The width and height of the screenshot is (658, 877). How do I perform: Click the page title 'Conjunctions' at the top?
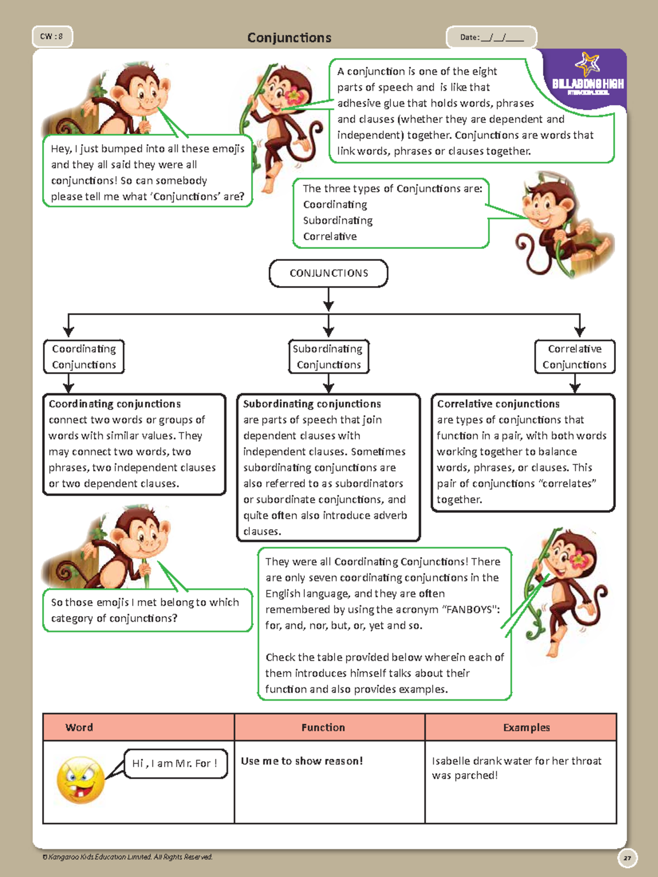(x=289, y=38)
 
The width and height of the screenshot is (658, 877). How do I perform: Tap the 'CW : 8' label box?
(x=52, y=37)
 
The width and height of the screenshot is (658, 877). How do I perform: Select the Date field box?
(x=491, y=37)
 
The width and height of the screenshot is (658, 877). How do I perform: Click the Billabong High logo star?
(x=587, y=64)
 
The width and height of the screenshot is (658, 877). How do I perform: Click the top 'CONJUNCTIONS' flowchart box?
(x=328, y=273)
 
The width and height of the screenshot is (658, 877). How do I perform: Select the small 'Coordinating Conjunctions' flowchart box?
(x=84, y=357)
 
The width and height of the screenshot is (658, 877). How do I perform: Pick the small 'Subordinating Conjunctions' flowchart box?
(x=328, y=357)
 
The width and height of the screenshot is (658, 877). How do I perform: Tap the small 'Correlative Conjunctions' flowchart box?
(x=575, y=357)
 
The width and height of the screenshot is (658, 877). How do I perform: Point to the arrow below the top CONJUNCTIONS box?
(x=328, y=300)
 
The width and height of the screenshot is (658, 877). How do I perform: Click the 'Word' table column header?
(x=80, y=727)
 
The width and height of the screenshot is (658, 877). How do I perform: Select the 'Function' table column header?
(x=323, y=727)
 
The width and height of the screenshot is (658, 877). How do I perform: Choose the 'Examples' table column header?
(x=526, y=727)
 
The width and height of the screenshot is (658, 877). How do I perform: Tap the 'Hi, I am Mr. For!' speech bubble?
(x=175, y=764)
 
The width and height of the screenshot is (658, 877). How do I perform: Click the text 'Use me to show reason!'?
(x=302, y=761)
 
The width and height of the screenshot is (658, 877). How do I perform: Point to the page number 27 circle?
(x=627, y=858)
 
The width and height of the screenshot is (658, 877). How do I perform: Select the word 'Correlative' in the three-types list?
(x=330, y=236)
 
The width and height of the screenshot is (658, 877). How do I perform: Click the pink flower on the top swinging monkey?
(x=294, y=96)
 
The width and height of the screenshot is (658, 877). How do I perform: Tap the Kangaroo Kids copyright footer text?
(x=128, y=857)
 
